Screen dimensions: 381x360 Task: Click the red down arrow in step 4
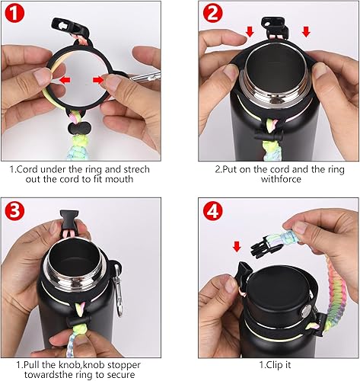pos(235,245)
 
